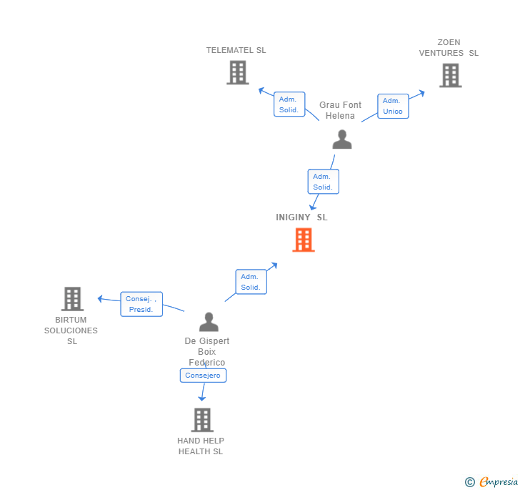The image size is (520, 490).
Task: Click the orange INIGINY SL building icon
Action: click(304, 240)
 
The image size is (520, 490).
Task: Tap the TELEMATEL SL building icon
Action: click(238, 72)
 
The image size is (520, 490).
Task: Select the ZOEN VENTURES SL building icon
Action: click(450, 75)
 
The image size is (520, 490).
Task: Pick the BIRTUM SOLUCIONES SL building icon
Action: click(72, 298)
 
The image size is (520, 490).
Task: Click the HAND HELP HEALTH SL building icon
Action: click(202, 420)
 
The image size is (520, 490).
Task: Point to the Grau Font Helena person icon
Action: click(342, 139)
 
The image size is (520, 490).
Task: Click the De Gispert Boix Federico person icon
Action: click(209, 322)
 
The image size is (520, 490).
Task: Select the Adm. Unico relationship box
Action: click(393, 106)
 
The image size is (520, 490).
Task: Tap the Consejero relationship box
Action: click(203, 376)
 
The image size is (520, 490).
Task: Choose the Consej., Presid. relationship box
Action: click(141, 304)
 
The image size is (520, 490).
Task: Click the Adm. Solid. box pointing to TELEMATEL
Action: click(289, 104)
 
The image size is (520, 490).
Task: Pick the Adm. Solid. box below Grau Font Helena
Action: click(323, 182)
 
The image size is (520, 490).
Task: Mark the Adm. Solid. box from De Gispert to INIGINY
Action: click(251, 282)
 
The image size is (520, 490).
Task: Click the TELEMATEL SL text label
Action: click(236, 51)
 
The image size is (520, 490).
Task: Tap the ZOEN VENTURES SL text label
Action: click(449, 48)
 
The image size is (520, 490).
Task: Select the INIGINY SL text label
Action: click(302, 217)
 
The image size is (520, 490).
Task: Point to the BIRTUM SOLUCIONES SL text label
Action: click(71, 330)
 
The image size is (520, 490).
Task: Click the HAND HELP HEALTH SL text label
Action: click(201, 446)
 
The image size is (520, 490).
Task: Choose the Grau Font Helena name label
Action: click(340, 110)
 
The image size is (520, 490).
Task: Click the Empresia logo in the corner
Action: click(491, 482)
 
